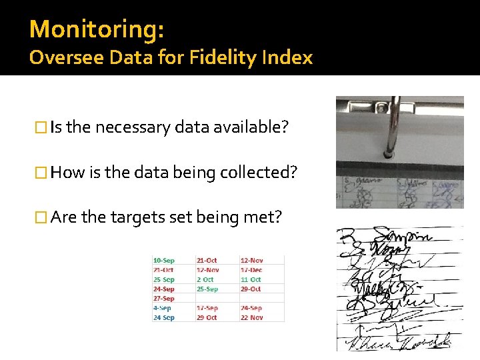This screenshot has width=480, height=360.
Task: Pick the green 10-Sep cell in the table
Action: point(164,260)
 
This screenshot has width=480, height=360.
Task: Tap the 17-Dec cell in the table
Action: point(251,270)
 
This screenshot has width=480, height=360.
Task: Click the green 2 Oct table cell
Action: point(205,279)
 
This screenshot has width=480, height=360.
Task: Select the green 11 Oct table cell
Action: point(251,279)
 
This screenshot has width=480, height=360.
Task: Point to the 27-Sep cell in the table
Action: point(164,299)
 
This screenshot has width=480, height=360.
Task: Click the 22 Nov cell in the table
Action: point(251,317)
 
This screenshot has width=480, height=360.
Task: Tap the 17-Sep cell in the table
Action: point(207,308)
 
